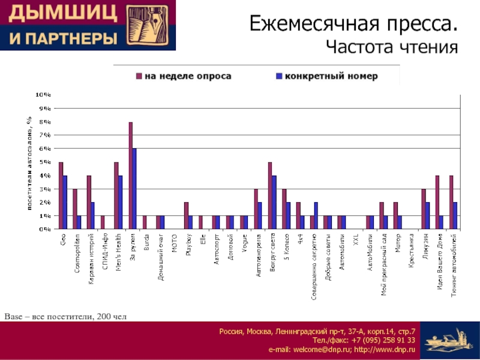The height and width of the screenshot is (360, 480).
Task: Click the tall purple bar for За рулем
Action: click(x=130, y=175)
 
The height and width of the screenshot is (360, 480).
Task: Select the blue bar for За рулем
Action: click(x=134, y=188)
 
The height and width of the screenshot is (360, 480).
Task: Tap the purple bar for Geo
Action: click(x=61, y=196)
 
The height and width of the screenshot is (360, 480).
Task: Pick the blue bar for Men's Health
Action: click(x=121, y=202)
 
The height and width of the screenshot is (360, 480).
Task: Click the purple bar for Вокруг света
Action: click(x=270, y=196)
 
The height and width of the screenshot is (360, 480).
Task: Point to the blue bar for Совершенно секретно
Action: click(x=316, y=215)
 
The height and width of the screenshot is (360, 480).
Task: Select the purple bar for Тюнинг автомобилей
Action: click(x=451, y=202)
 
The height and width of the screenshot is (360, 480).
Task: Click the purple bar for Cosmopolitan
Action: click(x=74, y=209)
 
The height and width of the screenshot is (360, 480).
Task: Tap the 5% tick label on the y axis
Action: click(x=44, y=162)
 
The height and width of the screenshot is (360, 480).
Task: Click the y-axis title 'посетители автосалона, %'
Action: click(x=28, y=162)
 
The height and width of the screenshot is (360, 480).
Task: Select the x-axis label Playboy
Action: click(x=188, y=247)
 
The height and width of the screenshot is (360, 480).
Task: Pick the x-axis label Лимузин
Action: click(x=425, y=247)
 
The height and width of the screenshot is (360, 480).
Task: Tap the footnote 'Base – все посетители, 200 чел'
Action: click(x=65, y=316)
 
